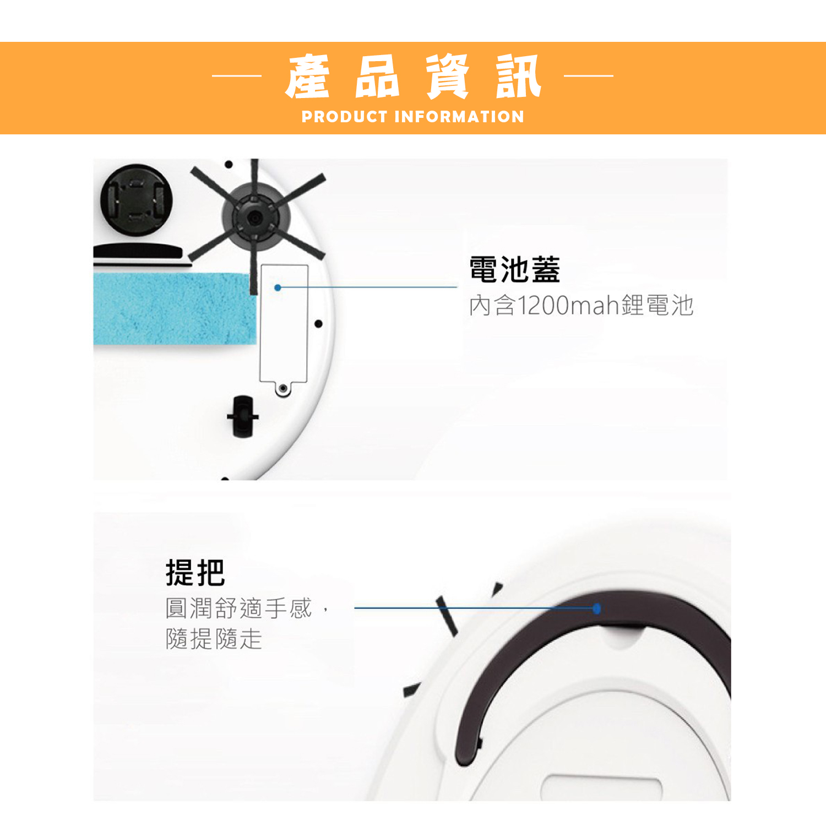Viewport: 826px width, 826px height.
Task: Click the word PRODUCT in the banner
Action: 345,117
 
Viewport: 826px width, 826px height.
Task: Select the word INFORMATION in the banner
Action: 459,117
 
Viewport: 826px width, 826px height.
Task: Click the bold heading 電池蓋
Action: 515,269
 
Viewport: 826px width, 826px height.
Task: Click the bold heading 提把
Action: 195,573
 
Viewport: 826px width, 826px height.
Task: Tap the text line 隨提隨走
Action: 214,639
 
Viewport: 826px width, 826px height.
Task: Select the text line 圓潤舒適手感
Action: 238,608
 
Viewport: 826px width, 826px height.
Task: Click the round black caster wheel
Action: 136,199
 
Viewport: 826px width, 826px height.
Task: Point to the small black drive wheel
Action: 243,416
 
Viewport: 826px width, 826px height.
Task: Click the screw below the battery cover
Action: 283,388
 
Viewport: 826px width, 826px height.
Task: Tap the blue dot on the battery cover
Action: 278,287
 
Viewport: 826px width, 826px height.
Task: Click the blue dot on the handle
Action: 597,608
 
